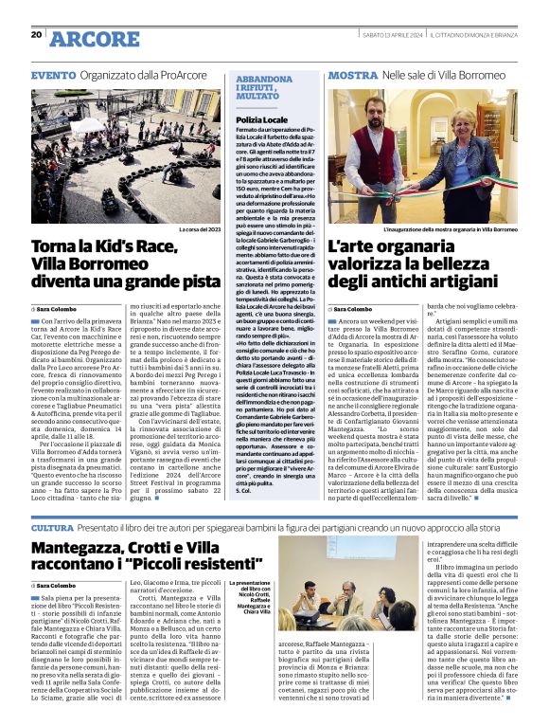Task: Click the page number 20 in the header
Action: (36, 35)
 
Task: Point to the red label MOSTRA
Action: (353, 74)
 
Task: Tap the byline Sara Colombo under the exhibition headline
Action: (352, 309)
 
